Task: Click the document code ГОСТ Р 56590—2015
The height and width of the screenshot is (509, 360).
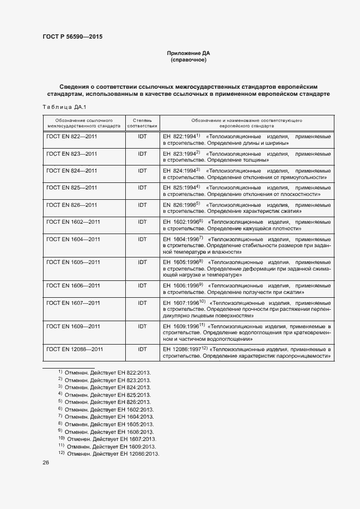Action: click(72, 37)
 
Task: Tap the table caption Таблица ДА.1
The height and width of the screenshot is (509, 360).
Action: click(64, 107)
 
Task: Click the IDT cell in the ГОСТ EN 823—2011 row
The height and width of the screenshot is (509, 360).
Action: click(142, 154)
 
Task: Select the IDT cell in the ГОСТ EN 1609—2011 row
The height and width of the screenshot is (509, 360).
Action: click(142, 326)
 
